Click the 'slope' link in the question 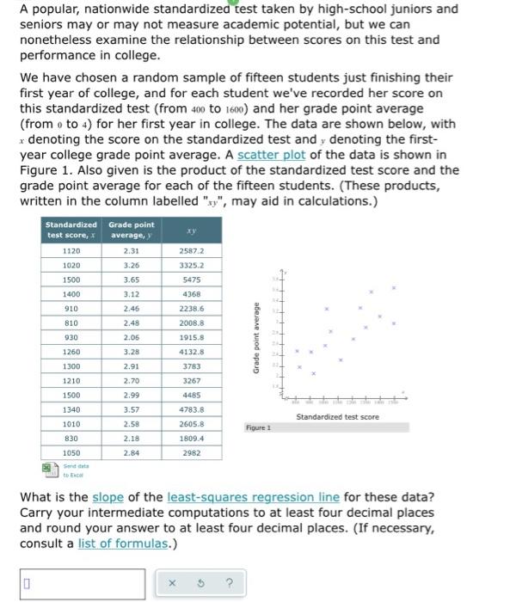pyautogui.click(x=109, y=498)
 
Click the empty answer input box pyautogui.click(x=83, y=583)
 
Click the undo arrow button pyautogui.click(x=201, y=583)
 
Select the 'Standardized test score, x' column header pyautogui.click(x=71, y=230)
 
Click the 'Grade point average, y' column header pyautogui.click(x=131, y=230)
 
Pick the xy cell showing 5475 pyautogui.click(x=191, y=279)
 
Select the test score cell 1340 pyautogui.click(x=71, y=409)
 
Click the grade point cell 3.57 pyautogui.click(x=131, y=409)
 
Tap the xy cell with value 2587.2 pyautogui.click(x=191, y=250)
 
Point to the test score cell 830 pyautogui.click(x=71, y=439)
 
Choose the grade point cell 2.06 pyautogui.click(x=131, y=338)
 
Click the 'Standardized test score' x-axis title pyautogui.click(x=337, y=417)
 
